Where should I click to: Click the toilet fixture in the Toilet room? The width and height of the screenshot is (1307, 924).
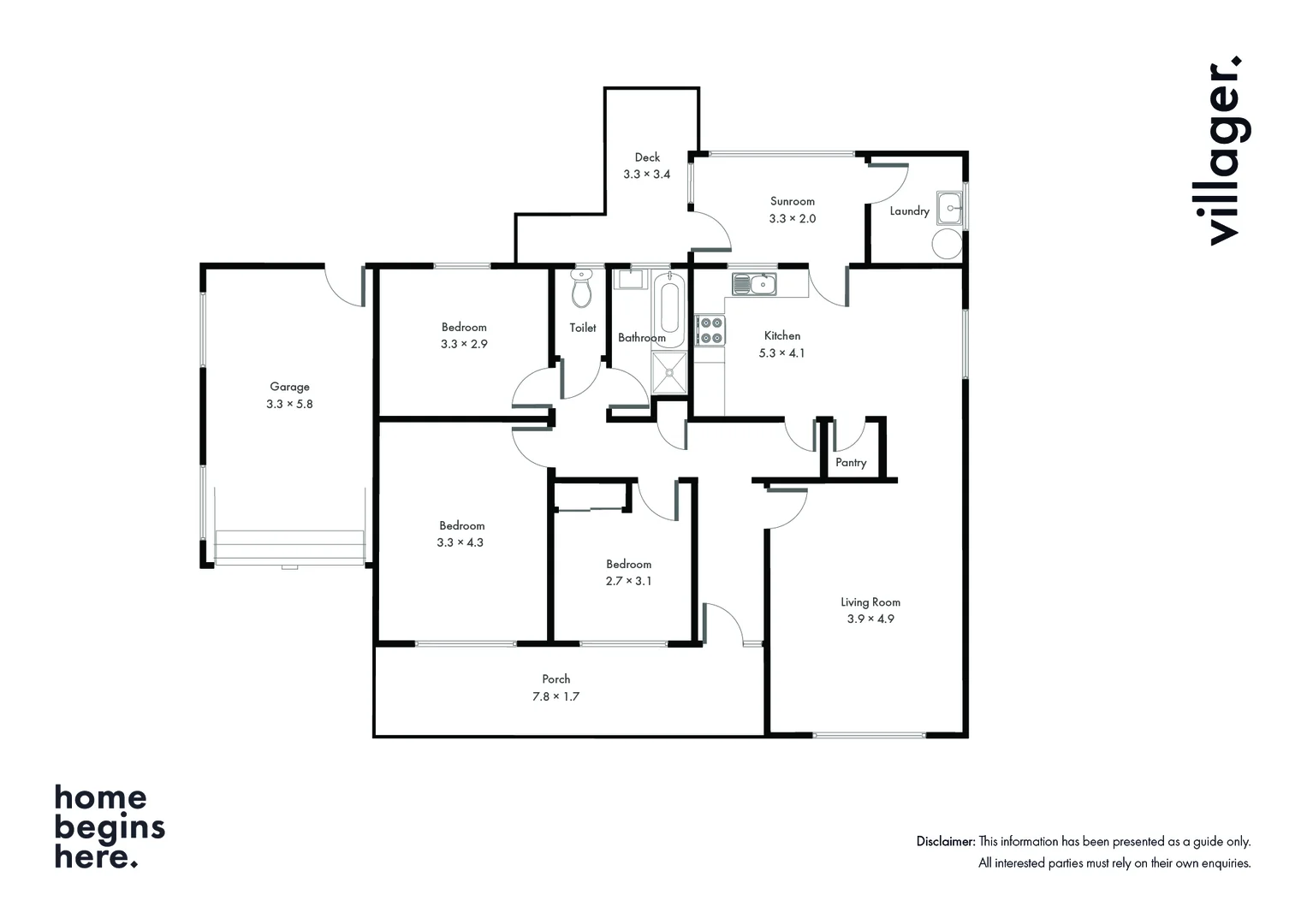click(582, 290)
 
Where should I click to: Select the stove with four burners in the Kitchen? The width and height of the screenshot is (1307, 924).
click(710, 330)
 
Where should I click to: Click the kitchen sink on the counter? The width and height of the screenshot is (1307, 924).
click(754, 283)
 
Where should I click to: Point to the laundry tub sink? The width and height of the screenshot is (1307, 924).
click(949, 207)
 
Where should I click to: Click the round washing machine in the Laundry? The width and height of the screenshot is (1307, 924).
click(947, 244)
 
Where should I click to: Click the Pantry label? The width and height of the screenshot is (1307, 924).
click(851, 463)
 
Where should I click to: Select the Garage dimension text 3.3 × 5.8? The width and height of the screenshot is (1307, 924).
click(289, 404)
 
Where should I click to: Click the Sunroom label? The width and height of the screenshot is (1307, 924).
click(792, 202)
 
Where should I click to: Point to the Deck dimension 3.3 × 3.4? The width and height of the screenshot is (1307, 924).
click(646, 175)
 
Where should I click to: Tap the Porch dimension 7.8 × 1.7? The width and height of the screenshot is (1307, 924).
click(555, 697)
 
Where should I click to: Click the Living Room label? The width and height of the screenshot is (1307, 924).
click(870, 602)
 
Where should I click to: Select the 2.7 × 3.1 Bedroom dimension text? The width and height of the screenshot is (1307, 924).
click(628, 582)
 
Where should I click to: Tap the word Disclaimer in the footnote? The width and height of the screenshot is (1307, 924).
click(945, 842)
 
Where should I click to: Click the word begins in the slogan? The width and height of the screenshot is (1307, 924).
click(110, 828)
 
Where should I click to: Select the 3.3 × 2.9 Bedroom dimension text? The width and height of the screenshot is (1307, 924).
click(463, 345)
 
